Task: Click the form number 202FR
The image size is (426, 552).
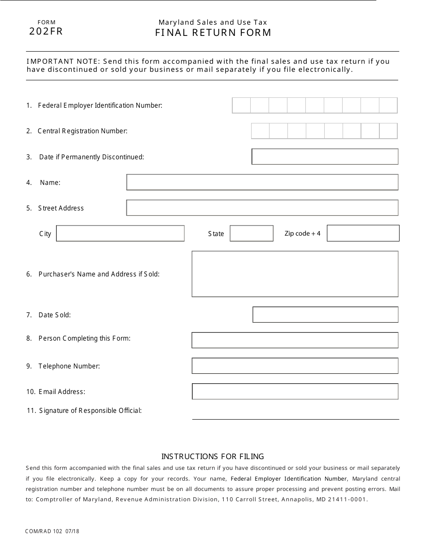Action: pos(46,31)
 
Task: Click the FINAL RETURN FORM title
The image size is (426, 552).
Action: pos(213,33)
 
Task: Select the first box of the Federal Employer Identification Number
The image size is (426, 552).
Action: pos(241,105)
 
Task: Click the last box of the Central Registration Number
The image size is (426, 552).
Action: pos(388,131)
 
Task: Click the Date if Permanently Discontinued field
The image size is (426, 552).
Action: pos(325,157)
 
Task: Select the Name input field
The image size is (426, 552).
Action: pos(262,182)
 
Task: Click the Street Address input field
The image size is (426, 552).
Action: pos(262,208)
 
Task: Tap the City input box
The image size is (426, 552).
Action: pos(120,233)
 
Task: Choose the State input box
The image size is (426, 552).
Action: pos(252,233)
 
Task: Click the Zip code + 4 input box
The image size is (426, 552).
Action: pos(363,233)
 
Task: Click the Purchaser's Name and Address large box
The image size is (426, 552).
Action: pos(295,274)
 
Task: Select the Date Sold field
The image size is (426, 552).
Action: pos(325,315)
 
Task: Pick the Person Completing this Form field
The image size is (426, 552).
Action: pos(295,340)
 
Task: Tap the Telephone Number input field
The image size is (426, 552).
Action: pos(295,366)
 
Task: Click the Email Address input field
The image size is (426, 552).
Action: pos(295,391)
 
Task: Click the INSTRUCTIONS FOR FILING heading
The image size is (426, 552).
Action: pos(213,456)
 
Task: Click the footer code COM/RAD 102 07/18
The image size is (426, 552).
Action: pos(52,531)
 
